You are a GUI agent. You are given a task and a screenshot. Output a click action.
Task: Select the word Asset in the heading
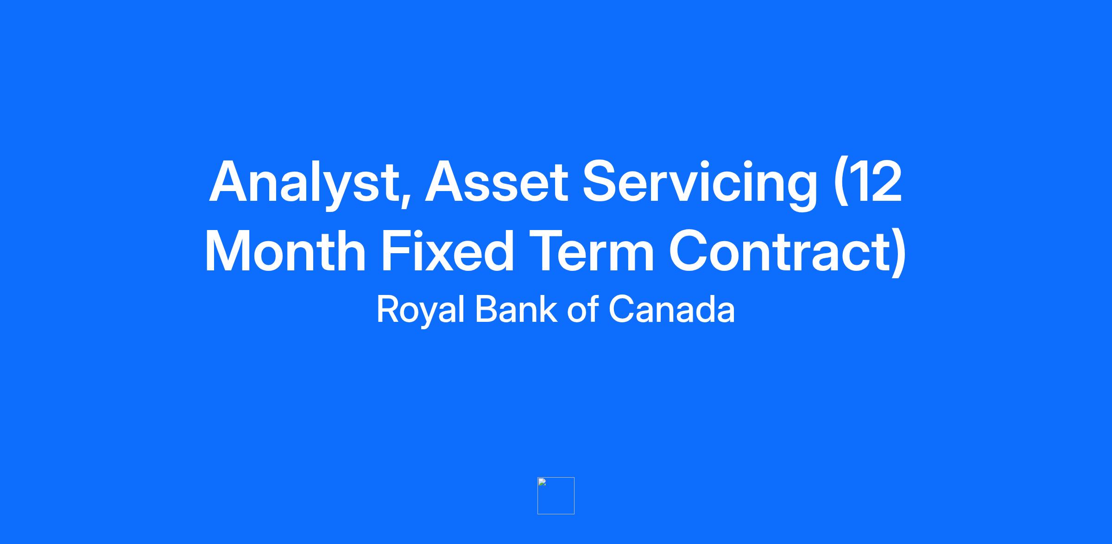pyautogui.click(x=496, y=181)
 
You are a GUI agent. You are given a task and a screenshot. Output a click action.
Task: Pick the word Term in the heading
pyautogui.click(x=591, y=251)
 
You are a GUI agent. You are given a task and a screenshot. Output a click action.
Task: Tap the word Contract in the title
pyautogui.click(x=779, y=250)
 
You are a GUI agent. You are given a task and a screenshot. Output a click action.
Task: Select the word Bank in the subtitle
pyautogui.click(x=516, y=309)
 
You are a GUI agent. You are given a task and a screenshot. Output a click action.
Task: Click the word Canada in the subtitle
pyautogui.click(x=671, y=309)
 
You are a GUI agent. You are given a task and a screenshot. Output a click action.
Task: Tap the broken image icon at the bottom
pyautogui.click(x=556, y=496)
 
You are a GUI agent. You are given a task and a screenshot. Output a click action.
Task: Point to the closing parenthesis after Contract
pyautogui.click(x=899, y=253)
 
